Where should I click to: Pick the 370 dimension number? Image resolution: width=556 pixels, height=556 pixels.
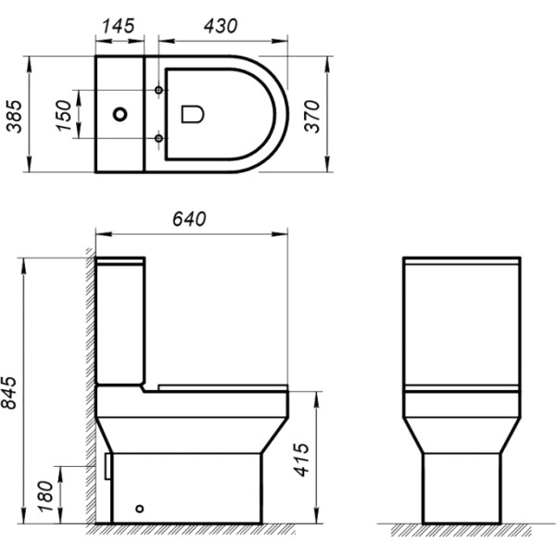313,114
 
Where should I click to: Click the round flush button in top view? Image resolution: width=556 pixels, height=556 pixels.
120,115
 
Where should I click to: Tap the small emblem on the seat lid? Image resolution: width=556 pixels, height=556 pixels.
193,114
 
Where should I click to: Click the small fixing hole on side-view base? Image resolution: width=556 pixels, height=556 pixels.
140,509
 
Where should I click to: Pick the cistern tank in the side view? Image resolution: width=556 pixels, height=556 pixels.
120,320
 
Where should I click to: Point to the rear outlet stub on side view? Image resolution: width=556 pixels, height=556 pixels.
108,465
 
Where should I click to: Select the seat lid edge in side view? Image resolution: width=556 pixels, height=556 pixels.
222,386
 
